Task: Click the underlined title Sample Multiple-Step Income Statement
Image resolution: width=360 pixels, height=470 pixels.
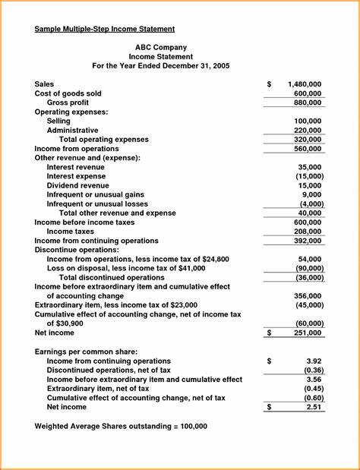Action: pyautogui.click(x=105, y=29)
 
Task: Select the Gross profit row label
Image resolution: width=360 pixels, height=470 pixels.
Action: pyautogui.click(x=68, y=103)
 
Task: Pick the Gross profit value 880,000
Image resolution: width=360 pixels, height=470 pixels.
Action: pyautogui.click(x=307, y=103)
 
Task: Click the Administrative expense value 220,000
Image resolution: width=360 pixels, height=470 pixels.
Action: pyautogui.click(x=307, y=131)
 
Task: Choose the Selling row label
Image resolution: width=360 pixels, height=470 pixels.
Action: pyautogui.click(x=58, y=121)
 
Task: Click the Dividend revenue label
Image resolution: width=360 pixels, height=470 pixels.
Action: pyautogui.click(x=77, y=185)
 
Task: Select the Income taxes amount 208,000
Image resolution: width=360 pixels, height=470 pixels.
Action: pyautogui.click(x=307, y=232)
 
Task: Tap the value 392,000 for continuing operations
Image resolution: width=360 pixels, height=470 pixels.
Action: pyautogui.click(x=307, y=241)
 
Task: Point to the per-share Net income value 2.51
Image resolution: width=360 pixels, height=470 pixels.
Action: pyautogui.click(x=313, y=407)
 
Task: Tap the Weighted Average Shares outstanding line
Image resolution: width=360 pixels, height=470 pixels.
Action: pyautogui.click(x=121, y=426)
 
